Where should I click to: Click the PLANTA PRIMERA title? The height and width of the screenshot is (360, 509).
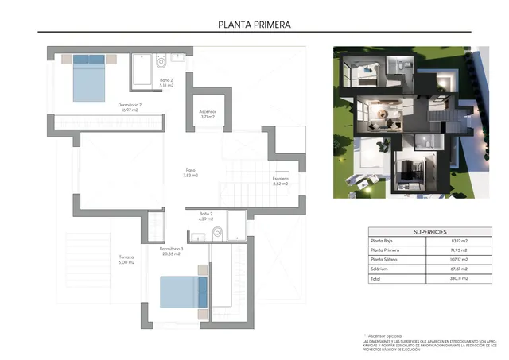(254, 24)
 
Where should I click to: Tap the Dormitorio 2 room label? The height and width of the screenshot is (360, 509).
(130, 107)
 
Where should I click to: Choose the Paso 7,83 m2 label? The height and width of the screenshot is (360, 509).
(191, 172)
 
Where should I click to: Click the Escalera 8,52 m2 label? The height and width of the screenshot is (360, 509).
(282, 181)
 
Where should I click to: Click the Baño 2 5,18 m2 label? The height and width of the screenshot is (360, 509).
(166, 83)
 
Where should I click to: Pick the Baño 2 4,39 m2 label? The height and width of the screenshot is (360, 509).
(206, 216)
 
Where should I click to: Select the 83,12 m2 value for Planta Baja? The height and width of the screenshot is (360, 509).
(459, 241)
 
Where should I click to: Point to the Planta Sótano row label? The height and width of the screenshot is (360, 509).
(386, 260)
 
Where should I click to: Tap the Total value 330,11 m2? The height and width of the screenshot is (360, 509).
(459, 279)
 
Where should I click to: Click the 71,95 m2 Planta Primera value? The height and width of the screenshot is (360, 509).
(459, 250)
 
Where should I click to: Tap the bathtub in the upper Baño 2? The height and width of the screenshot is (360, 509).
(142, 71)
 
